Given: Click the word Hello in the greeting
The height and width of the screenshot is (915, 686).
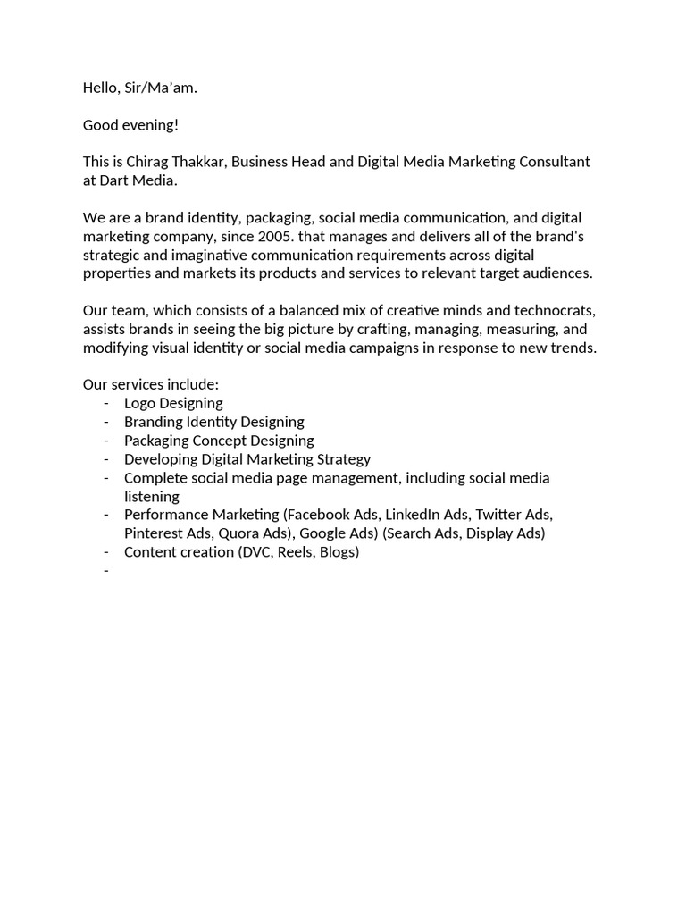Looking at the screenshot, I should pos(101,88).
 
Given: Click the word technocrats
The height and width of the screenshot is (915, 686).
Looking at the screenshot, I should pos(550,310).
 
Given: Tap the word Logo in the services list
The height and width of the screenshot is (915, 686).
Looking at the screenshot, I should pos(140,403).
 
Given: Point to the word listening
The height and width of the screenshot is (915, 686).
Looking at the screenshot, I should pos(152,497).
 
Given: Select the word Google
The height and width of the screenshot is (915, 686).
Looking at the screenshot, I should pos(323,533).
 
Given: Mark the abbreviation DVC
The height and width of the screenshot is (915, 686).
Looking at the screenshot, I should pos(257,552).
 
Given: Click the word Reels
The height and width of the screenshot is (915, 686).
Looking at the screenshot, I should pos(297,552).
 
